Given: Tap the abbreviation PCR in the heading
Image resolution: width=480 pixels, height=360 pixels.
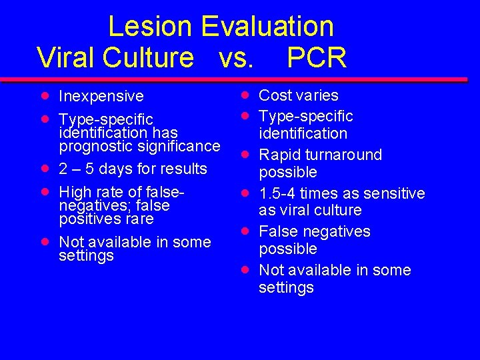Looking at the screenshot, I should click(x=317, y=57).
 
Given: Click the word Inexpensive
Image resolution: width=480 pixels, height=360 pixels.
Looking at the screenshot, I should click(x=101, y=97).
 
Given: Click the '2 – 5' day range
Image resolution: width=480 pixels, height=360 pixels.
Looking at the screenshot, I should click(x=76, y=169).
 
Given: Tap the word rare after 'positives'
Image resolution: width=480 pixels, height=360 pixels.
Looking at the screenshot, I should click(x=137, y=219).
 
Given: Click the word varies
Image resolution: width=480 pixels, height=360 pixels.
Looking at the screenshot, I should click(x=317, y=95).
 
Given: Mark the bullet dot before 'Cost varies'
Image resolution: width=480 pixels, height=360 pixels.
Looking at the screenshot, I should click(x=245, y=95).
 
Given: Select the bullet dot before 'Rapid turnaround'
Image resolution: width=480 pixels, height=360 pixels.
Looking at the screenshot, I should click(x=245, y=154).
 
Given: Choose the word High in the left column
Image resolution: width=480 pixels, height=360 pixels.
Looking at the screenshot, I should click(x=75, y=192).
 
